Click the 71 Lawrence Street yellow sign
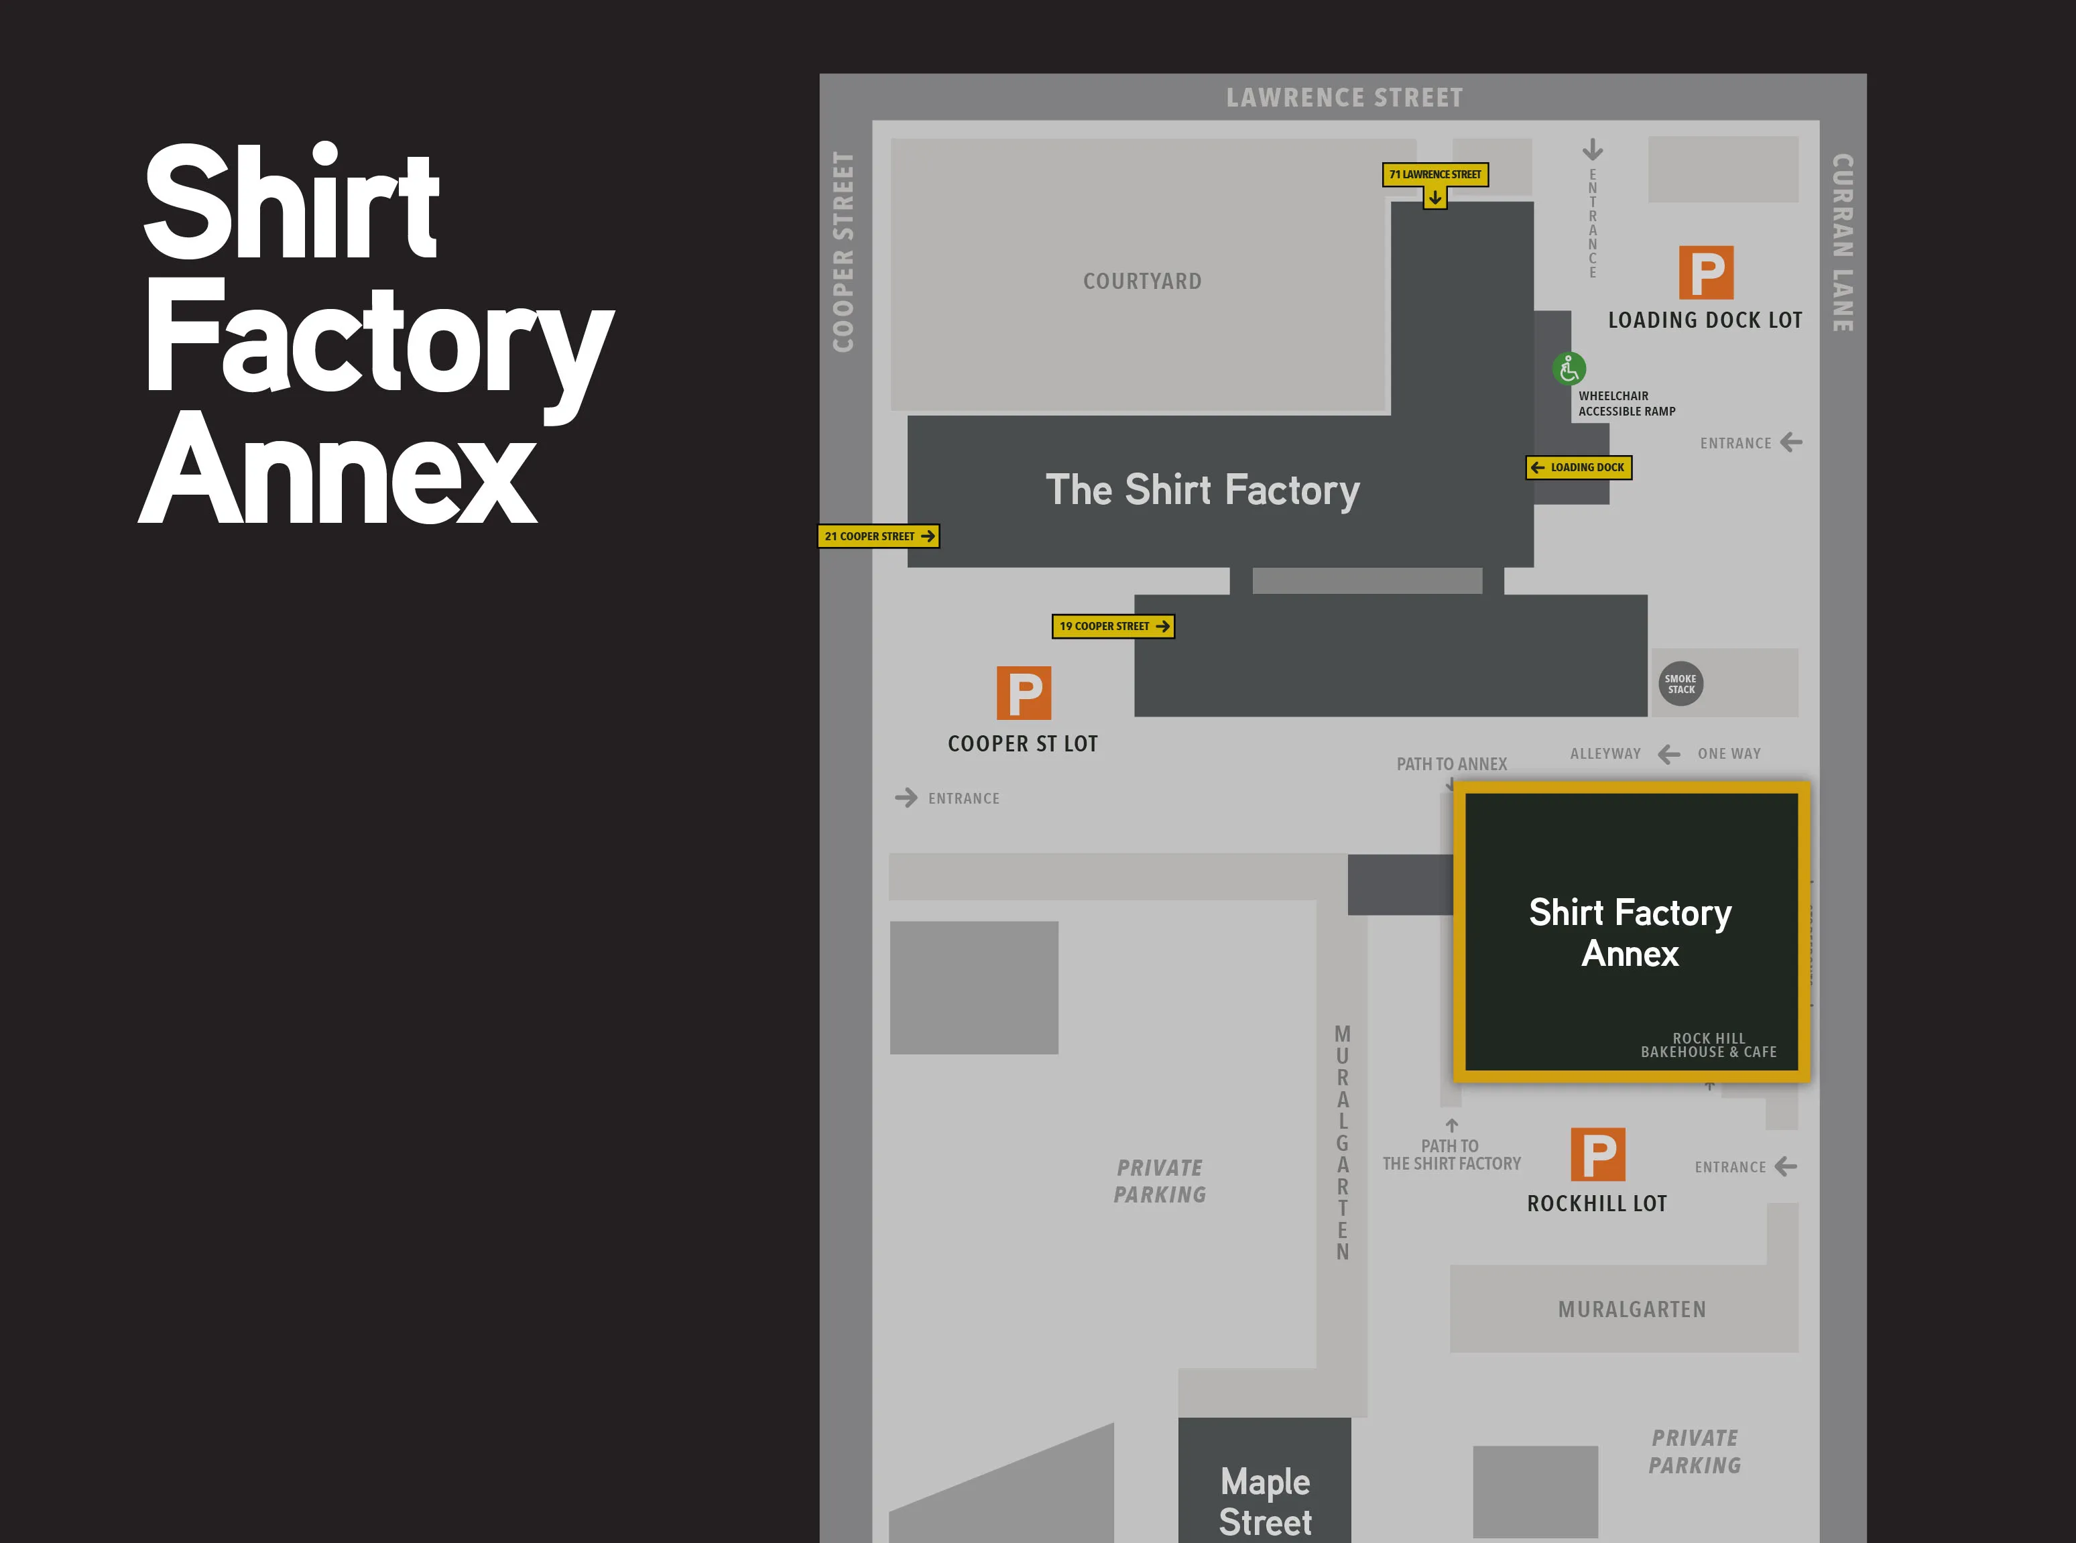1434,175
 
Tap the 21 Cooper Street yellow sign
878,536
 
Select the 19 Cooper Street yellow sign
1112,626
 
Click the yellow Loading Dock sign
1578,467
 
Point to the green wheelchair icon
1569,369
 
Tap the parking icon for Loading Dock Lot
1706,273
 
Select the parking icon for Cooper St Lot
1024,693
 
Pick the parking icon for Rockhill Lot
1598,1154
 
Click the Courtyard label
1142,281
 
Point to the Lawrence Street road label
1344,98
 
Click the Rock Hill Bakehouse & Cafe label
1708,1045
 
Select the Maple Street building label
1266,1501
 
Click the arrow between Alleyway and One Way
1669,754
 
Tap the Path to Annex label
1451,764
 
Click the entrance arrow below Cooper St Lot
906,798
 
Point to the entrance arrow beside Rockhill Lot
1786,1166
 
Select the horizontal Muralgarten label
1632,1310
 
